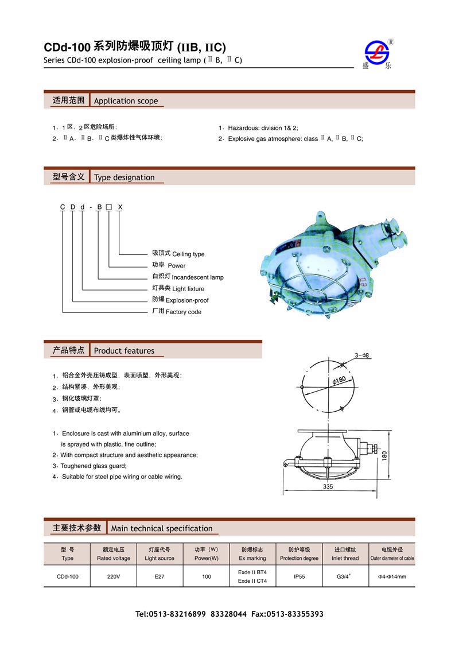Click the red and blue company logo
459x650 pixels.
point(377,53)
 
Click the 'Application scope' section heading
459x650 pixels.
point(126,101)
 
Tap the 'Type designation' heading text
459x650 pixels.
point(124,177)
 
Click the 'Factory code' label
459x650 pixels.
point(184,312)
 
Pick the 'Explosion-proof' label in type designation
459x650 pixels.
point(187,300)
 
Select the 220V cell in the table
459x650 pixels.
point(113,577)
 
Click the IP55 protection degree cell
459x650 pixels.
point(299,577)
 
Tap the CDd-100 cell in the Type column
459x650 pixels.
point(67,577)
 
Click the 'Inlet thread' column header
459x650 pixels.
point(345,558)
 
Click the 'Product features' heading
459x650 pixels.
point(124,351)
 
